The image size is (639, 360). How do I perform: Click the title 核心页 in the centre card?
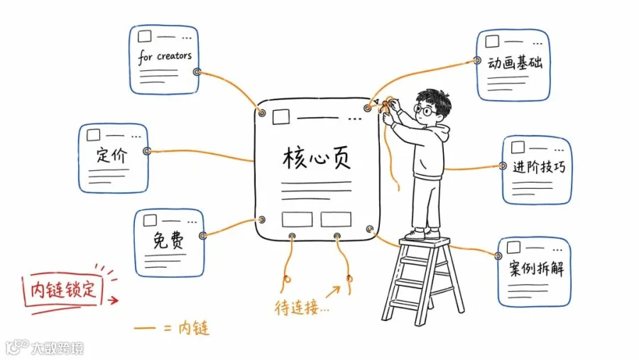(317, 158)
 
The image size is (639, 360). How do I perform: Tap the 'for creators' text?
(165, 57)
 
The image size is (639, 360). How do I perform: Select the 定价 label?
(111, 156)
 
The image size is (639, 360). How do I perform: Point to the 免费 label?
(168, 240)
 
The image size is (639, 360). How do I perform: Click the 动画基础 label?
(515, 62)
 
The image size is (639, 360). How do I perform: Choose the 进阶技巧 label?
(539, 167)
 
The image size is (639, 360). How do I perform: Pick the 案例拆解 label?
(536, 268)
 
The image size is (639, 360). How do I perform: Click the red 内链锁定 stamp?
(63, 290)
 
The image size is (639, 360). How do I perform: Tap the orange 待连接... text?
(302, 307)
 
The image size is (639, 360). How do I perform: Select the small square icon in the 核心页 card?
(280, 116)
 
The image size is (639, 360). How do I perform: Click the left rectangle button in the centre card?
(297, 219)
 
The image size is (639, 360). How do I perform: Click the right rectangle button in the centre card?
(336, 219)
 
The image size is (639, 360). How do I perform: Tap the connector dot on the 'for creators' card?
(197, 72)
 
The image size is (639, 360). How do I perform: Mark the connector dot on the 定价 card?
(147, 151)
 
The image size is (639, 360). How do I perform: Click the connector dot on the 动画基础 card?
(477, 60)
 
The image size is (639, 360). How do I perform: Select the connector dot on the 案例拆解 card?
(498, 256)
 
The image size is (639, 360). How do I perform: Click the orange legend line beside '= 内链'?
(145, 327)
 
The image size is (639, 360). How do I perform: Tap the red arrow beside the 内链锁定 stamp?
(113, 300)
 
